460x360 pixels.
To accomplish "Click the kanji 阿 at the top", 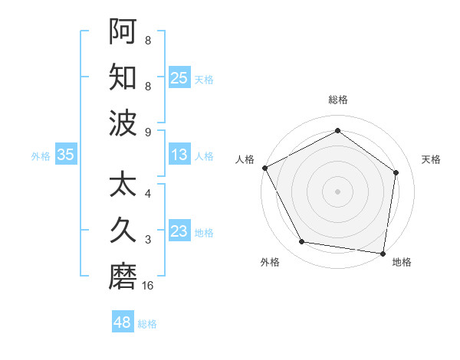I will (x=123, y=32).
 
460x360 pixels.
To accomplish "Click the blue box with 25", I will (x=179, y=77).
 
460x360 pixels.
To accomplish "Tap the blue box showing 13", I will (x=179, y=155).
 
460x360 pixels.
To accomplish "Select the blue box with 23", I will (x=179, y=231).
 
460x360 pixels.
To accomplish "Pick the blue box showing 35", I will (x=66, y=155).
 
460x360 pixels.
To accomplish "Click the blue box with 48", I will (x=123, y=322).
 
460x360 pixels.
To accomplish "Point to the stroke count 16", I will (x=148, y=286).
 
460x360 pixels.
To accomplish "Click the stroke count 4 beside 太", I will (x=148, y=194).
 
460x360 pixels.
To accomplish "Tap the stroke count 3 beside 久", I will (x=148, y=240).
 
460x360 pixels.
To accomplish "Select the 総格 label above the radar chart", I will (x=338, y=100).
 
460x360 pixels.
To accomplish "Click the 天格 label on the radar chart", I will (x=431, y=159).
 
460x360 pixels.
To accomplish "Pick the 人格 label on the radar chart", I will (x=245, y=159).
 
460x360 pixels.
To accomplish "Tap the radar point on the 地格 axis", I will (x=383, y=253).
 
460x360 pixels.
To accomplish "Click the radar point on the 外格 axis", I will (x=302, y=242).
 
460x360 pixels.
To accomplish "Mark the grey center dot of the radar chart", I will (x=338, y=191).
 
